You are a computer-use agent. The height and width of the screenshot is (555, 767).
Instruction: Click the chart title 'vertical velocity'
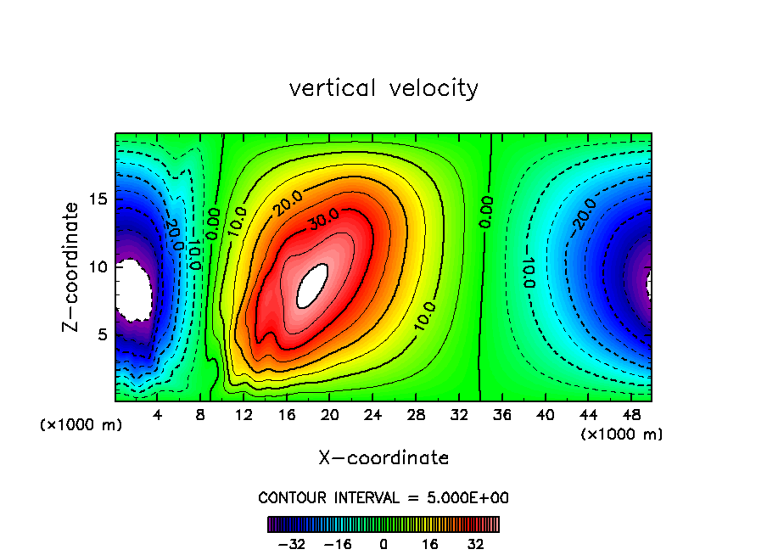coord(383,88)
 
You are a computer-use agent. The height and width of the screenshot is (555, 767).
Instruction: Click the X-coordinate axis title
coord(383,458)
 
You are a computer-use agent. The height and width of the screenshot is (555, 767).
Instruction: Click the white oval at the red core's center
coord(312,285)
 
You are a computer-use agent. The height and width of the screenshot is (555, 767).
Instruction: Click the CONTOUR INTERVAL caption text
coord(383,497)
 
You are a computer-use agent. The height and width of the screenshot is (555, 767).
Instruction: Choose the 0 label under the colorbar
coord(383,544)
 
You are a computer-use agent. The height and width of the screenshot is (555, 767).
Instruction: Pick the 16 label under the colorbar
coord(430,544)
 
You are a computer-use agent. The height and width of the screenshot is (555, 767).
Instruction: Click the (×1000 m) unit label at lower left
coord(81,425)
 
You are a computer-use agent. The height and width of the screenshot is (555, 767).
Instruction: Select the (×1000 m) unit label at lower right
coord(622,434)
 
